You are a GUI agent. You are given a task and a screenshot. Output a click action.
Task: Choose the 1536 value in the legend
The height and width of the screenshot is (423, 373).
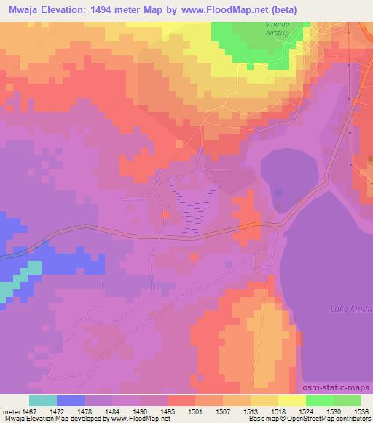[361, 411]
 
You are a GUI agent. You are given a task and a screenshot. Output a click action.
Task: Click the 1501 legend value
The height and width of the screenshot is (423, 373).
[195, 411]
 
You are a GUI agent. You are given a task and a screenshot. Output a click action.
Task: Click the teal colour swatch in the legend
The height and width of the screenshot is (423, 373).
[43, 400]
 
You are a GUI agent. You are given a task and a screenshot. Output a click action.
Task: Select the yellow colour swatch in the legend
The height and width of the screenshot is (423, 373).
[292, 400]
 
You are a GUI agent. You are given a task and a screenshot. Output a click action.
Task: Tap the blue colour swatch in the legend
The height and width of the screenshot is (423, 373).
[71, 400]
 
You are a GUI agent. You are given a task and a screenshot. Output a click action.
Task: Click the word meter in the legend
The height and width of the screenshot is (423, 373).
[12, 411]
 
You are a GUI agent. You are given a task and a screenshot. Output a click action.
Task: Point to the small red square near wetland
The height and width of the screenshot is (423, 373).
[167, 214]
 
